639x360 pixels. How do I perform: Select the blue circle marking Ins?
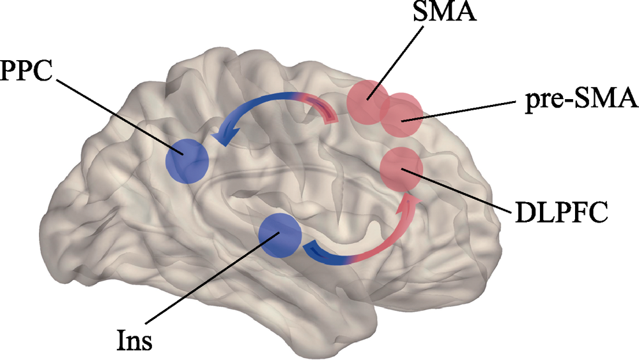pyautogui.click(x=279, y=235)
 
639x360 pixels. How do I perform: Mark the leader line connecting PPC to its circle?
pyautogui.click(x=121, y=115)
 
